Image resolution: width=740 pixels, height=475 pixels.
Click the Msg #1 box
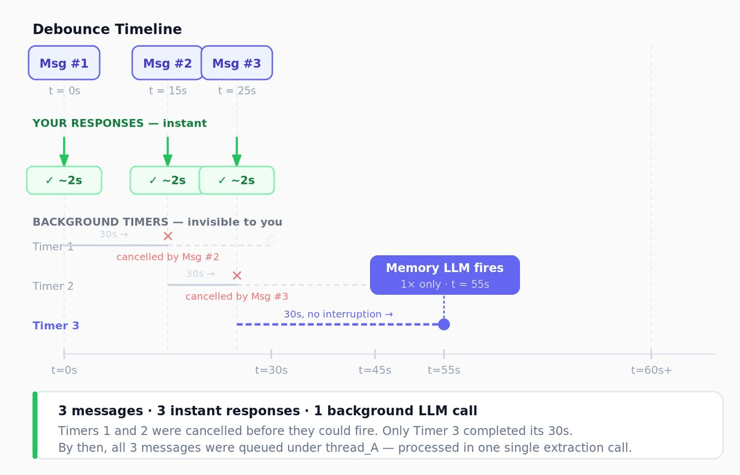point(64,63)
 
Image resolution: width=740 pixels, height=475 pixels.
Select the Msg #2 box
point(166,63)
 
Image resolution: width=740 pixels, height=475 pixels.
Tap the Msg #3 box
point(237,63)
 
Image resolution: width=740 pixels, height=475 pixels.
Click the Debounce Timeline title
point(107,29)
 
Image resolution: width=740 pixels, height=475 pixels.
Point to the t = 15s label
point(168,91)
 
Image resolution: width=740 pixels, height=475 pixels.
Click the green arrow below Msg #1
point(64,151)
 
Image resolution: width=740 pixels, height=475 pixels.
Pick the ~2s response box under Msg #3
point(237,180)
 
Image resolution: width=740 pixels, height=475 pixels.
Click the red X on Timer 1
point(168,236)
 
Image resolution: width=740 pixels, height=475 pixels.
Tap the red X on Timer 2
point(237,276)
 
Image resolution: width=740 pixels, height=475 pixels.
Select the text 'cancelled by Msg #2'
point(168,257)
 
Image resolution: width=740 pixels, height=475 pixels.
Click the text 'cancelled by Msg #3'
point(237,297)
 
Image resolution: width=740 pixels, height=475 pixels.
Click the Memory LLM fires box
point(445,275)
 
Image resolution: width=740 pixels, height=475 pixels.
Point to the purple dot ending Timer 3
point(444,324)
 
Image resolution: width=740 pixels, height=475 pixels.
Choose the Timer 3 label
point(55,326)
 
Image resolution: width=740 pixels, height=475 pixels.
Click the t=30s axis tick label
point(271,370)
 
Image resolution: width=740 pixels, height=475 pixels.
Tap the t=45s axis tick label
point(375,370)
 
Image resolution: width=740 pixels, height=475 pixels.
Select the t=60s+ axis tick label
point(651,370)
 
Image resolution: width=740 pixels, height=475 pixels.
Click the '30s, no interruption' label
point(338,314)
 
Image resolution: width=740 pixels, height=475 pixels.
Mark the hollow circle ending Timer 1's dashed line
point(271,239)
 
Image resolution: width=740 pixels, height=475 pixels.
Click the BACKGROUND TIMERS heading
point(157,222)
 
